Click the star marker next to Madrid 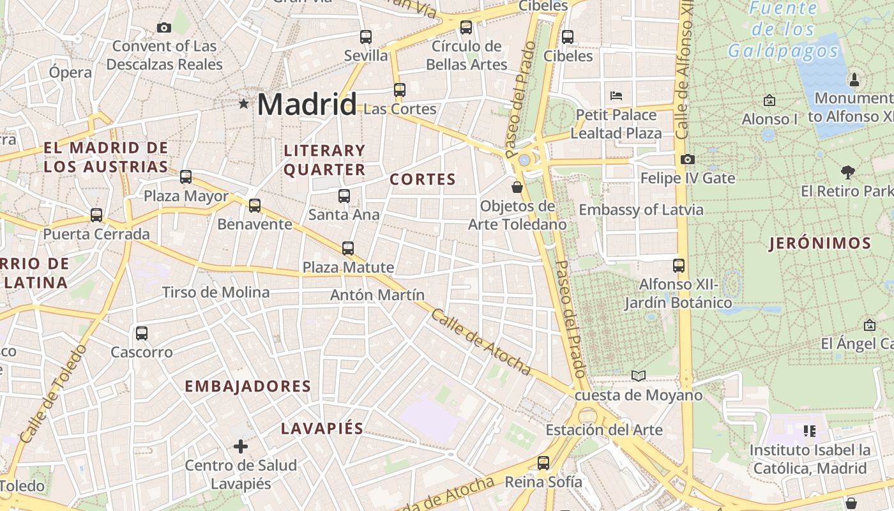coord(243,103)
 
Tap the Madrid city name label coord(307,104)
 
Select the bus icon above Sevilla coord(366,37)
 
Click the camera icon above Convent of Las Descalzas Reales coord(164,27)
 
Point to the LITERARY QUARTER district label coord(324,160)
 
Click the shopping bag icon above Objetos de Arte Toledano coord(517,187)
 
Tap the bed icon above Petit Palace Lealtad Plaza coord(616,96)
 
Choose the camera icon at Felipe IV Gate coord(688,159)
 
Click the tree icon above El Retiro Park coord(848,172)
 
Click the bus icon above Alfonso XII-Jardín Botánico coord(679,265)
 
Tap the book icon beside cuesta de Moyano coord(638,376)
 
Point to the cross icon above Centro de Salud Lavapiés coord(241,446)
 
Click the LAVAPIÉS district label coord(322,429)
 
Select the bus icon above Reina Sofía coord(543,462)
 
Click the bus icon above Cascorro coord(142,333)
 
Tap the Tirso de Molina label coord(216,293)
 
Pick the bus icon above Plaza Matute coord(348,248)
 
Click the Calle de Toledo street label coord(52,395)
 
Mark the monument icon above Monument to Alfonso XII coord(854,80)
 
